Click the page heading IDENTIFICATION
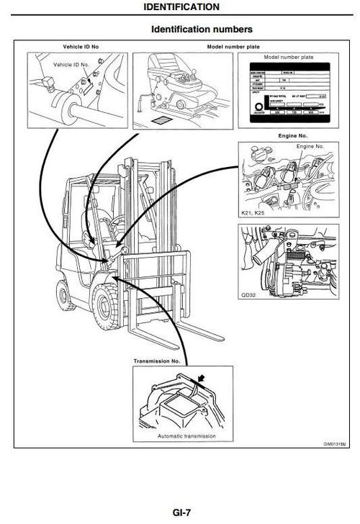tap(181, 6)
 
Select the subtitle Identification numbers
tap(202, 30)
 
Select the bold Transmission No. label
tap(157, 360)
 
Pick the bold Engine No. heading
tap(292, 135)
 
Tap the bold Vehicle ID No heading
tap(76, 47)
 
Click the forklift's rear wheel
tap(63, 293)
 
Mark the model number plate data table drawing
tap(292, 94)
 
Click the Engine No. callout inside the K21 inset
tap(310, 146)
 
